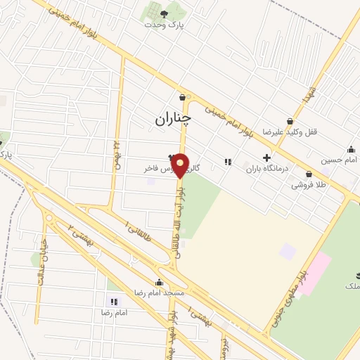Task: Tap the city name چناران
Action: click(172, 120)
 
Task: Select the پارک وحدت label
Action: click(163, 25)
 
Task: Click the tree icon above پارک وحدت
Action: click(164, 13)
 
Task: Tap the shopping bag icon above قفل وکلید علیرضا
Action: click(290, 121)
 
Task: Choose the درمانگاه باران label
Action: click(268, 169)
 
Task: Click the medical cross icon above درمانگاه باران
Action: click(266, 158)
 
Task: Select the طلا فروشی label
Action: click(307, 186)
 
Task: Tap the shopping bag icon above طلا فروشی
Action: click(309, 174)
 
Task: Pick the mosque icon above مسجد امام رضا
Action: click(159, 282)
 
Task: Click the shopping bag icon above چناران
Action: click(184, 98)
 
